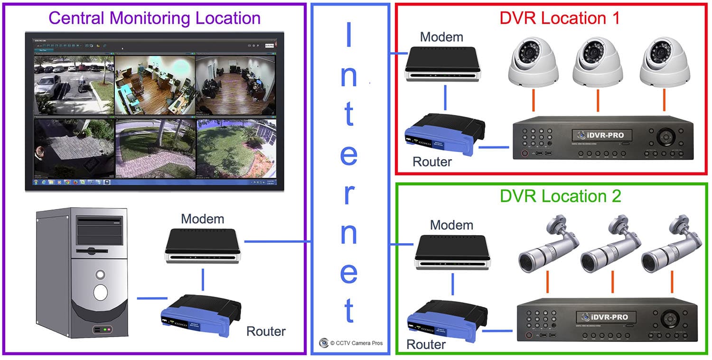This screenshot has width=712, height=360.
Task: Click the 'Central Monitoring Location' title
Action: [x=155, y=18]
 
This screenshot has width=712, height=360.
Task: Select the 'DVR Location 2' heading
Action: [x=560, y=196]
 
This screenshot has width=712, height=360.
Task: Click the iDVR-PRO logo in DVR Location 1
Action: [x=602, y=135]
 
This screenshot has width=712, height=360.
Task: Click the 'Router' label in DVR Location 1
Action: [x=432, y=161]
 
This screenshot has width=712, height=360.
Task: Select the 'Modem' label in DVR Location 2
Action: [x=451, y=225]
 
